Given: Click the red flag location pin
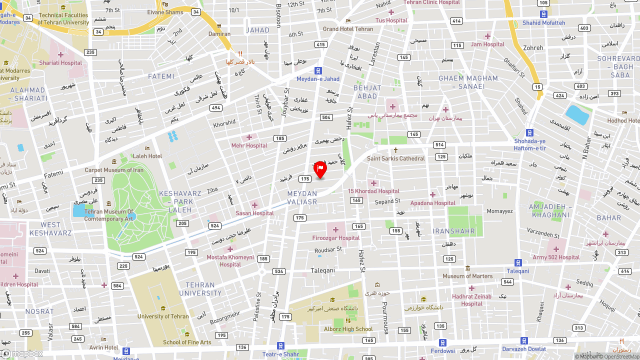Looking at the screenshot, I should tap(320, 169).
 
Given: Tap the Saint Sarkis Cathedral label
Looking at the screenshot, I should tap(395, 158).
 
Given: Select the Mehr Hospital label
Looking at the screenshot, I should tap(249, 145).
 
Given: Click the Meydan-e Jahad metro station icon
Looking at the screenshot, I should tap(318, 70).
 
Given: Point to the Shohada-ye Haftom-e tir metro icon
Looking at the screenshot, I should tap(529, 132).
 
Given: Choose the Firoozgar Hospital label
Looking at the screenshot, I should tap(336, 238).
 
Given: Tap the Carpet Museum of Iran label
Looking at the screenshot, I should tap(114, 170).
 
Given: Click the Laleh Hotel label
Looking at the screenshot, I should tap(147, 156).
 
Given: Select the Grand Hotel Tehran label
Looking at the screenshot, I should tap(348, 29).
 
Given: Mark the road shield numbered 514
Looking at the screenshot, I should tap(439, 145).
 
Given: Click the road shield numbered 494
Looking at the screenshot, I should tap(215, 108).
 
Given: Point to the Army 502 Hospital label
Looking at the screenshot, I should tap(556, 257).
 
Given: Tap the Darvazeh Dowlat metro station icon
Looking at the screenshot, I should tap(524, 340).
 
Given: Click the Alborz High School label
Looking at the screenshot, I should tap(348, 329).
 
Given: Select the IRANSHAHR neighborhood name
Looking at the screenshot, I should tap(454, 231).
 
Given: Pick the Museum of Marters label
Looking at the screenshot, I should tap(467, 276).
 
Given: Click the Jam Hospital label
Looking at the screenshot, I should tap(487, 44).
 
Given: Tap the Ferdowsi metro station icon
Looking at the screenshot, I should tap(442, 342).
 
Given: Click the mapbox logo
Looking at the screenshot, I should tap(22, 353).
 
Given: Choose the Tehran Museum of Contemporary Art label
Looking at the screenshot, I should tap(108, 215).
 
